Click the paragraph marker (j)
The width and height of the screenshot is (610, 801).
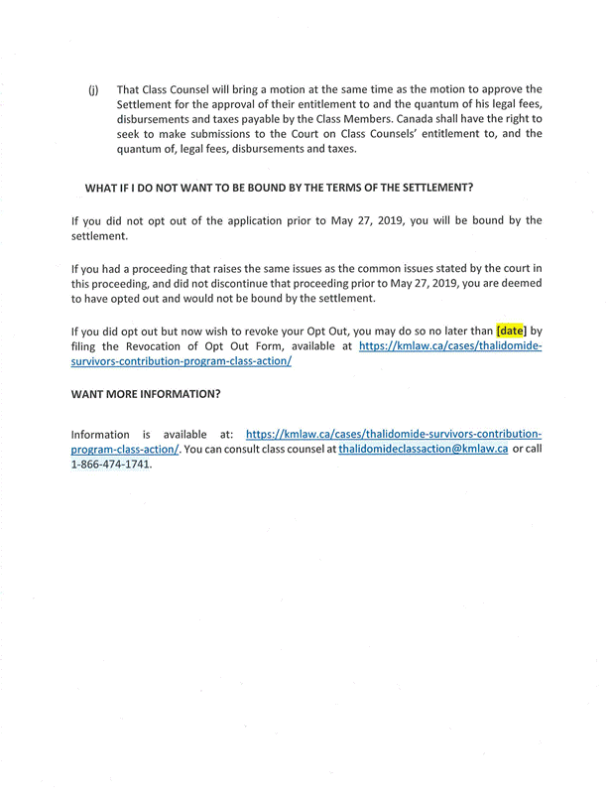click(x=93, y=89)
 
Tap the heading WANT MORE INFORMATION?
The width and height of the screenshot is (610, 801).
click(x=146, y=394)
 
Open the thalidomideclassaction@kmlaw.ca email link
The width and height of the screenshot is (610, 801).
click(x=424, y=450)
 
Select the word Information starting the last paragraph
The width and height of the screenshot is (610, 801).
click(x=100, y=435)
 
